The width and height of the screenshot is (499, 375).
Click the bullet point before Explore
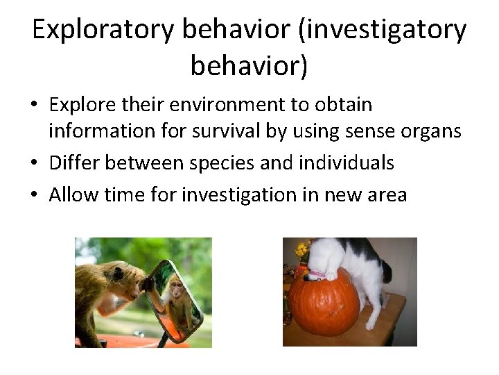[x=35, y=106]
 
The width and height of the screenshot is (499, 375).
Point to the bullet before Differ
[x=35, y=164]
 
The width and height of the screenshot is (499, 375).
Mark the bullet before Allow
[x=35, y=196]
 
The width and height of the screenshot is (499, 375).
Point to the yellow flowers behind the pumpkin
[x=301, y=250]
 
